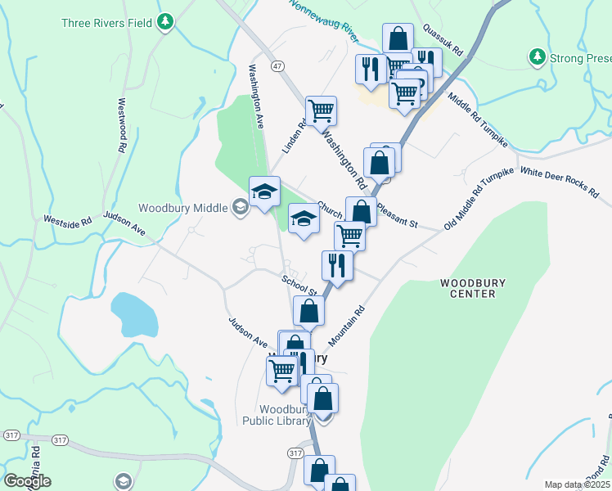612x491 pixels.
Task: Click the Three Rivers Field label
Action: [107, 22]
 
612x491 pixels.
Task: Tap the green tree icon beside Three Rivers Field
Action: [165, 20]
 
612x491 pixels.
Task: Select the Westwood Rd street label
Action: [123, 126]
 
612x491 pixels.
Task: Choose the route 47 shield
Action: [278, 65]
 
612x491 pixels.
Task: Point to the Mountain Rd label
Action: [347, 322]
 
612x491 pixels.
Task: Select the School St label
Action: [299, 284]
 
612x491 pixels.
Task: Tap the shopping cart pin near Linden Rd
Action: [321, 110]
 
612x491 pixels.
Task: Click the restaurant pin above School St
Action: [337, 264]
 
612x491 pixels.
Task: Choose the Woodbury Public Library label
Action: [277, 415]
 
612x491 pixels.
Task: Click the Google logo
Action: [27, 481]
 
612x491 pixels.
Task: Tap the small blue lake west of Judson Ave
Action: [134, 314]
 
